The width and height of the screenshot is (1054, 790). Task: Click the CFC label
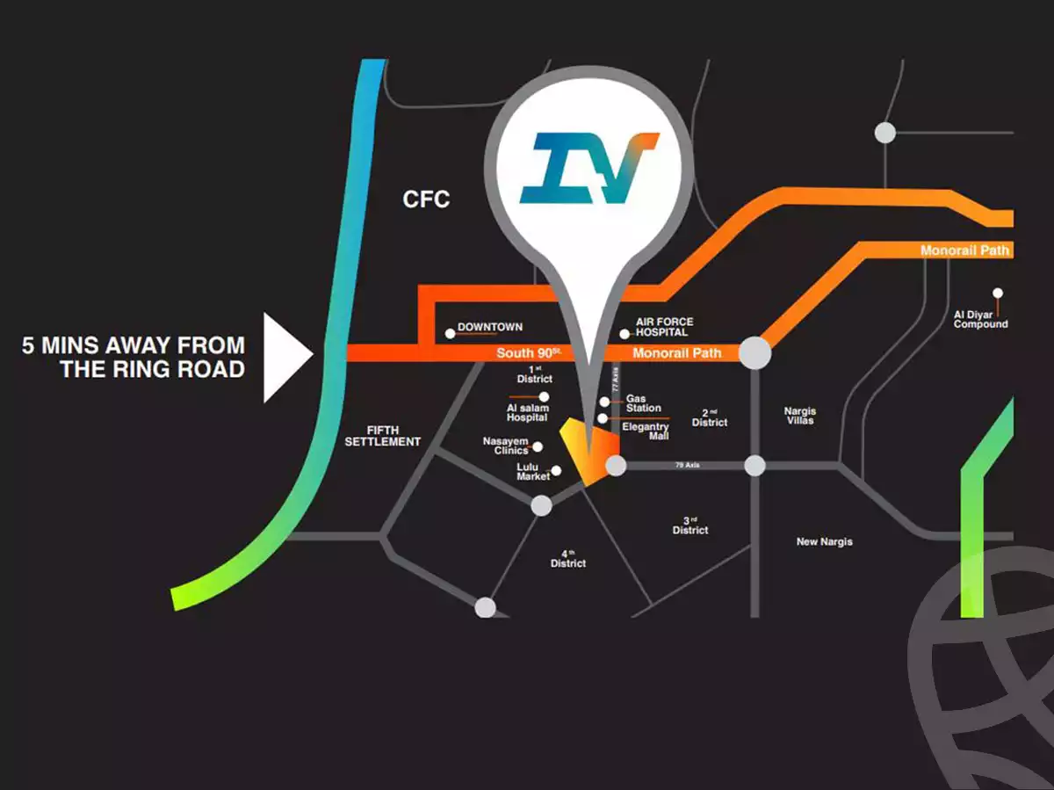pos(426,199)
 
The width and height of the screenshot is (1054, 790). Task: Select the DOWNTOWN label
pos(490,327)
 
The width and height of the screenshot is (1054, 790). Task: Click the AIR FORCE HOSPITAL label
pos(664,328)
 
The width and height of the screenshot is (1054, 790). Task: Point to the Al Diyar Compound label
pos(981,319)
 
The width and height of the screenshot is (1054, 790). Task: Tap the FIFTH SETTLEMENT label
pos(382,435)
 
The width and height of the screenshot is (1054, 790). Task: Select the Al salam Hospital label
pos(527,412)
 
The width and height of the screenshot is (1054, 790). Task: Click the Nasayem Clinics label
pos(505,446)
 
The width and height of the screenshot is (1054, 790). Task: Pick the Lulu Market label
pos(533,471)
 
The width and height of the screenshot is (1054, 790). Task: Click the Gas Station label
pos(644,403)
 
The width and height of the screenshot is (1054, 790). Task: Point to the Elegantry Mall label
pos(646,431)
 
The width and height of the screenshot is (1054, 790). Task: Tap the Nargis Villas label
pos(800,416)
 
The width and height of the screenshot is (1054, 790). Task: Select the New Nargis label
pos(824,541)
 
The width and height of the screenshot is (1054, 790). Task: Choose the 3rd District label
pos(690,525)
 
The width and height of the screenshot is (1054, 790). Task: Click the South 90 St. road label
pos(529,353)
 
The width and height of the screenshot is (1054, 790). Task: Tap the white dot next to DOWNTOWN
pos(451,333)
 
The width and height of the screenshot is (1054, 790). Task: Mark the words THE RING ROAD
pos(152,369)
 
